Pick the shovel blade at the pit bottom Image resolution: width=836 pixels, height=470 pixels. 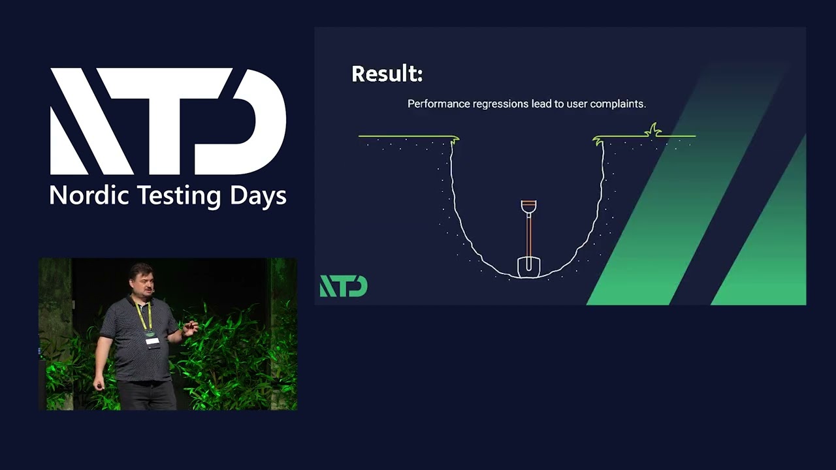529,266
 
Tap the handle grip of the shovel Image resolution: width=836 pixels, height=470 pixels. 529,206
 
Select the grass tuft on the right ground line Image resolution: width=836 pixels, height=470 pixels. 653,130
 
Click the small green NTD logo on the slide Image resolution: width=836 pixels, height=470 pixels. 344,286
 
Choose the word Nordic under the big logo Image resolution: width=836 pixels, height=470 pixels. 89,195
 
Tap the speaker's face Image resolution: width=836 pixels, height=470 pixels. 144,281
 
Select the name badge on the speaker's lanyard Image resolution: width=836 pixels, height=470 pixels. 152,341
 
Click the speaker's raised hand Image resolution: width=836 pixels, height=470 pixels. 190,328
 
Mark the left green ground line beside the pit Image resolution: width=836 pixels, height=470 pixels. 405,136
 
